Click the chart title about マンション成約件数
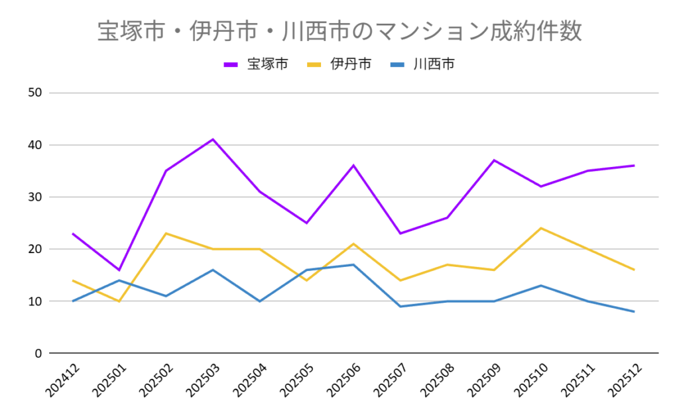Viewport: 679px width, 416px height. point(339,32)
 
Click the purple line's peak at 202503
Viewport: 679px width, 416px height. point(213,139)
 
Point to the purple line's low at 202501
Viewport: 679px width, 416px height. point(119,270)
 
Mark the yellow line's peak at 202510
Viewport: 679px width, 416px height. point(540,228)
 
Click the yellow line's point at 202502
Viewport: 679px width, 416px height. point(166,233)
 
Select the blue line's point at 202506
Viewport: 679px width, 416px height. point(353,265)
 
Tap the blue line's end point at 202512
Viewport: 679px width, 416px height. point(634,312)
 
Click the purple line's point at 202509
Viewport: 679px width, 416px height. point(494,160)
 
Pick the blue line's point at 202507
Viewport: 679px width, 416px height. point(401,307)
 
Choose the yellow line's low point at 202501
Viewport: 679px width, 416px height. point(119,301)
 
